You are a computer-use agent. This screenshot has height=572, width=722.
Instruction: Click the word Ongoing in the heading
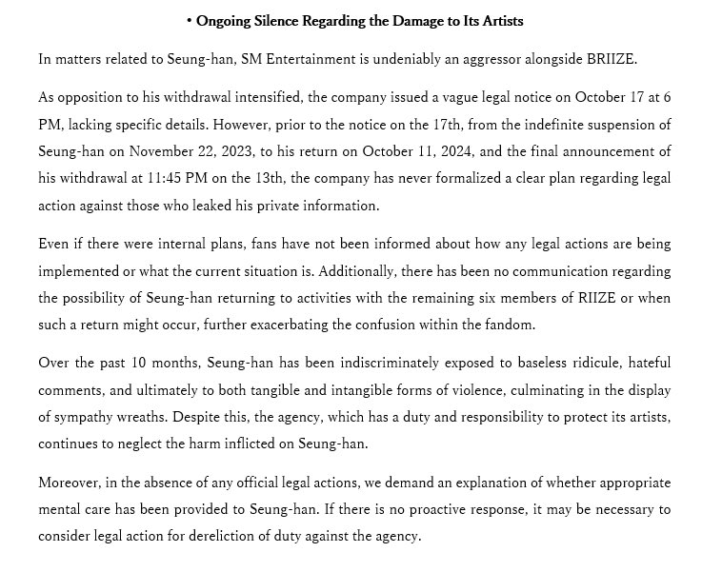click(224, 20)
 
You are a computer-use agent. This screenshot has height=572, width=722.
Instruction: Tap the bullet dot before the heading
click(190, 20)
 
